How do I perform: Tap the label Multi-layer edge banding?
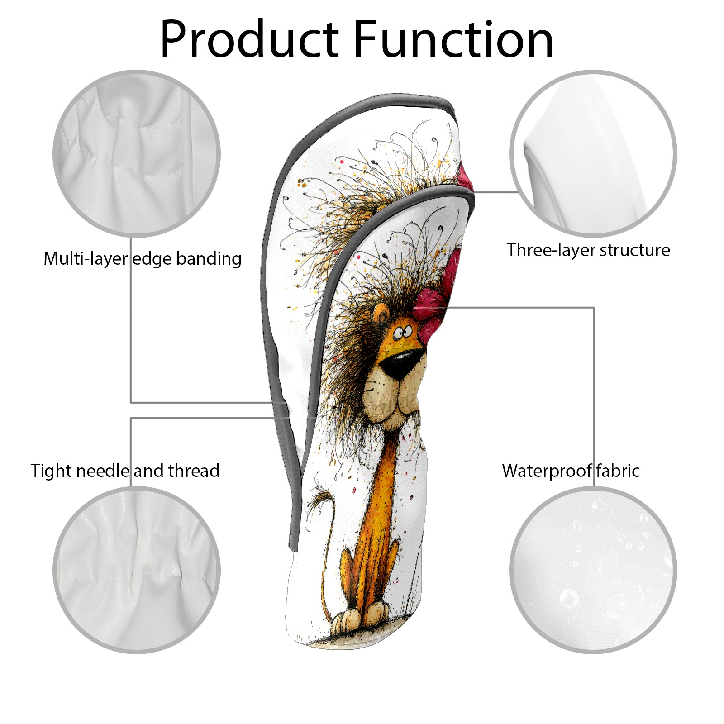[x=142, y=259]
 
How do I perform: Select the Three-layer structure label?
[x=588, y=250]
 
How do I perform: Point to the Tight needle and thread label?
[x=125, y=471]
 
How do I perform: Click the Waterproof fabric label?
[x=571, y=471]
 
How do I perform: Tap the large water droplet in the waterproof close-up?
[x=568, y=598]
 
